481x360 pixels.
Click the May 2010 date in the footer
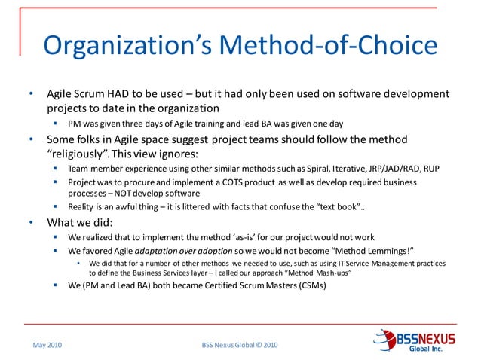47,345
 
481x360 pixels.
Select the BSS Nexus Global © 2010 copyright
240,345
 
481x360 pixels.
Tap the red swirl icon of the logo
385,340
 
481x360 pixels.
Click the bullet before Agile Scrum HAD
31,96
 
